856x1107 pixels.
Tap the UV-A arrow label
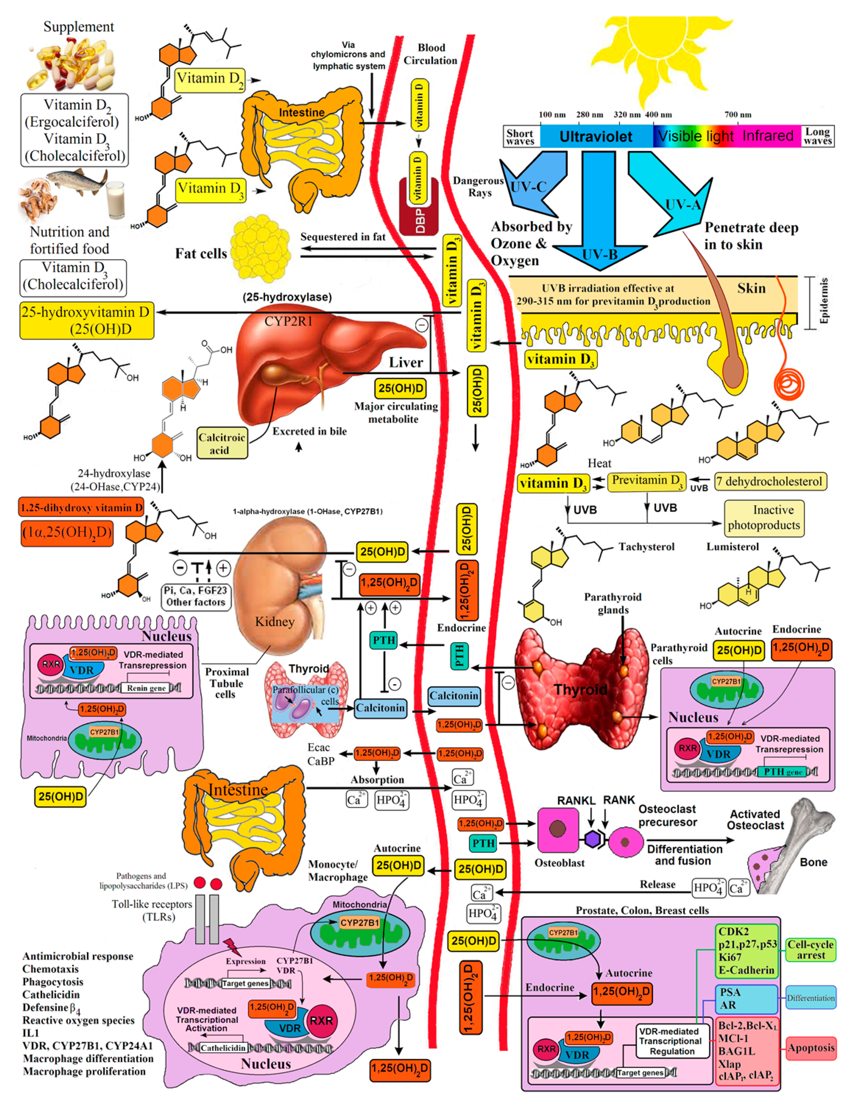coord(683,205)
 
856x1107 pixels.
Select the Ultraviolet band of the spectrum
coord(595,136)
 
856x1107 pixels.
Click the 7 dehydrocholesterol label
coord(770,481)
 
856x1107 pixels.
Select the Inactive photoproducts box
coord(764,518)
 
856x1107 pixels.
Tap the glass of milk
coord(116,200)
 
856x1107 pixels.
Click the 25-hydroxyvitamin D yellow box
coord(86,320)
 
